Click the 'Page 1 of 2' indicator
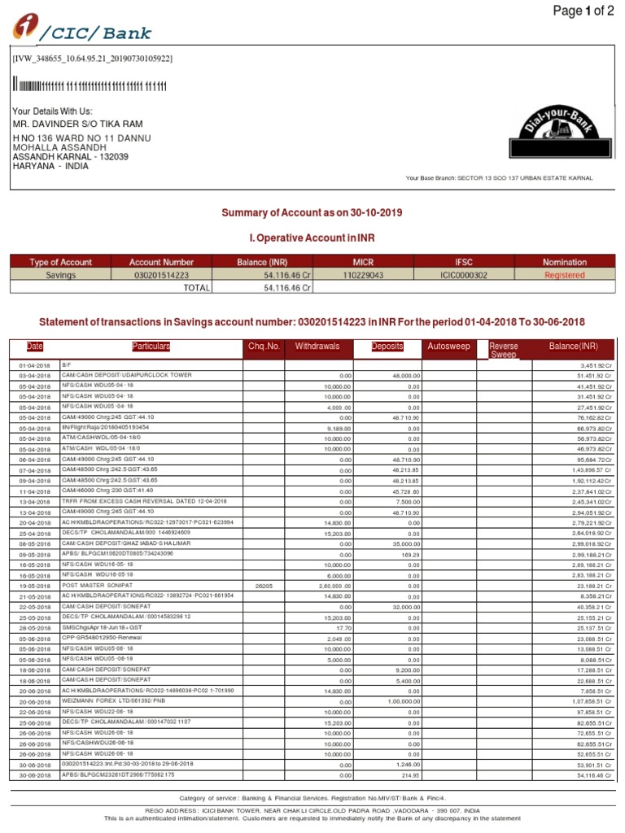[x=583, y=11]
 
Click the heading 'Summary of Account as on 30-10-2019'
[x=312, y=212]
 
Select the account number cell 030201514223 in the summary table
[x=161, y=275]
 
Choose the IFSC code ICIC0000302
[x=463, y=275]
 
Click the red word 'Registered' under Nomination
[x=565, y=275]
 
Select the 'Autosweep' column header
[x=448, y=347]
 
